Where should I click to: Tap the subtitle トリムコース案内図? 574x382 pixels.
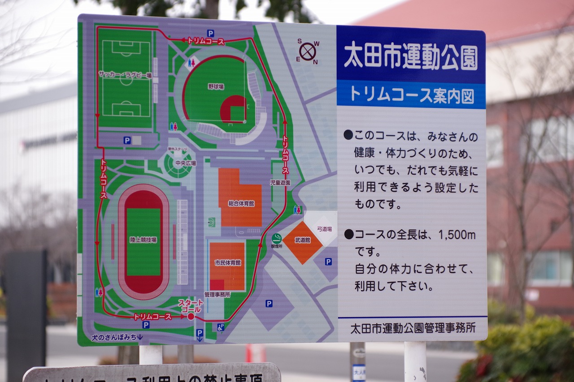click(411, 95)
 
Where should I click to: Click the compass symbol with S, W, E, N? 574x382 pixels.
click(308, 51)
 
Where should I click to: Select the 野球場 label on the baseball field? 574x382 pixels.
click(216, 86)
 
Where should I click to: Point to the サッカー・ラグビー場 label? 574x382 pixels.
click(126, 76)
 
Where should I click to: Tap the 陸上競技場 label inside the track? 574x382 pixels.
click(143, 240)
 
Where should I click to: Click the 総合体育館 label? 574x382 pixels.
click(241, 203)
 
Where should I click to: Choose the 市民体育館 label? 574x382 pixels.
click(227, 262)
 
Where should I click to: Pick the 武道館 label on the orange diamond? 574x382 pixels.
click(302, 240)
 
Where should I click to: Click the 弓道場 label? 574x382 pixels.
click(324, 229)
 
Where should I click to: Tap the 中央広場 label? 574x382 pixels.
click(185, 163)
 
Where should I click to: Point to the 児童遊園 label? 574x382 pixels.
click(280, 183)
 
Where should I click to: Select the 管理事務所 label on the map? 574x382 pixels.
click(217, 295)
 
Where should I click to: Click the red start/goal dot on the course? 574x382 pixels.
click(191, 317)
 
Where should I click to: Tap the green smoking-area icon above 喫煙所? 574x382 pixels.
click(277, 238)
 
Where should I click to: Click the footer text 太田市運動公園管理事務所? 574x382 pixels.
click(413, 328)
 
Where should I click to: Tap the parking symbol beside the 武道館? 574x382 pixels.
click(328, 262)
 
